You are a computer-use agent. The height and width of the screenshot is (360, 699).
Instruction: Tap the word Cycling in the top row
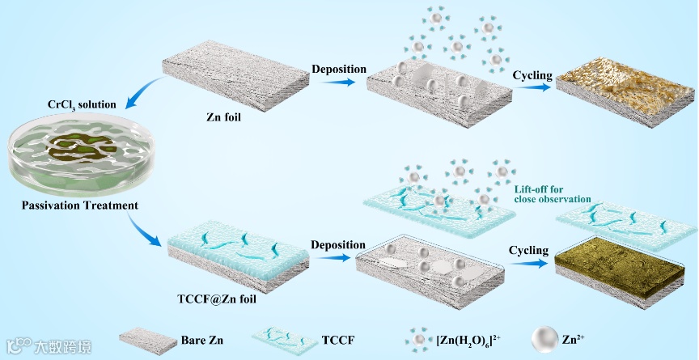pyautogui.click(x=532, y=75)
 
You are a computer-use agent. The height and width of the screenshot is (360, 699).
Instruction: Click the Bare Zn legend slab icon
pyautogui.click(x=148, y=341)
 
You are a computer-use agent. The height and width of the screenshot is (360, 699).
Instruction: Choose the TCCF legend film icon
pyautogui.click(x=290, y=341)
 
